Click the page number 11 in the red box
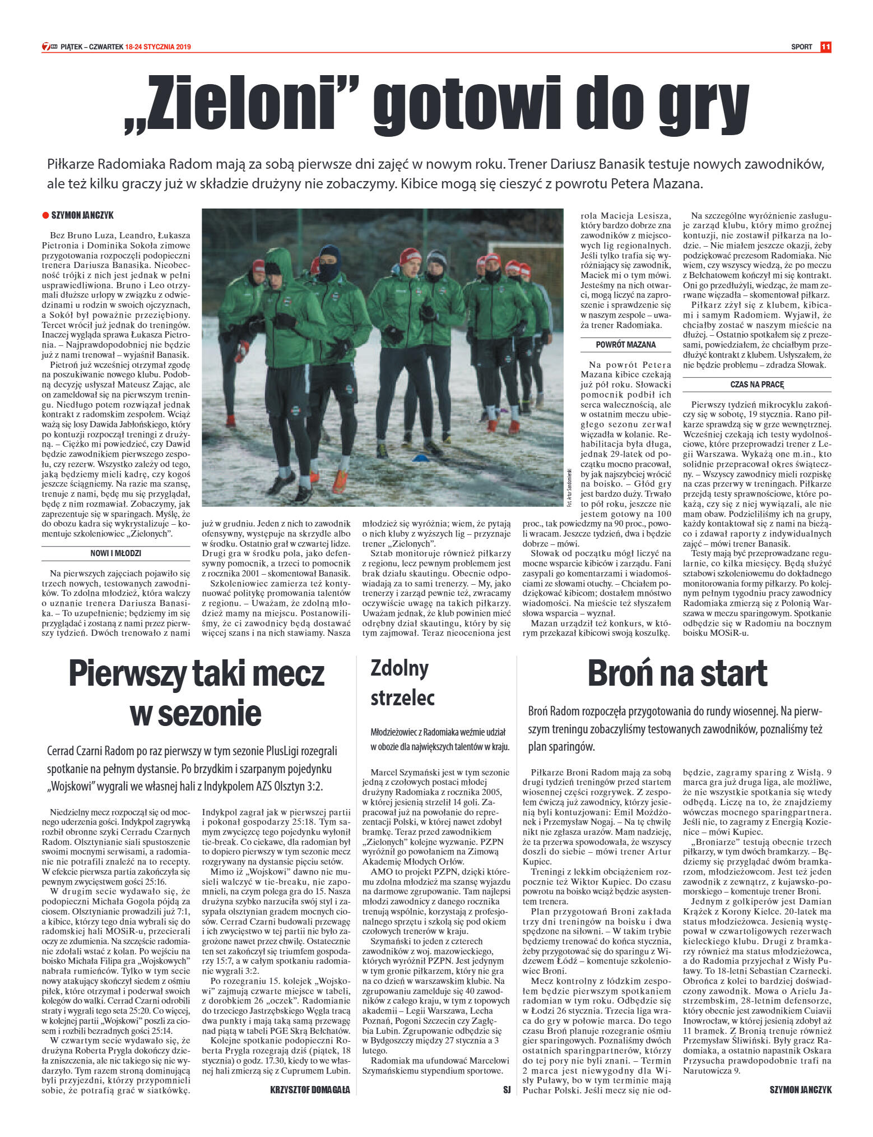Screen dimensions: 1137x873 coord(825,47)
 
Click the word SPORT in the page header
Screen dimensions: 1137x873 coord(801,47)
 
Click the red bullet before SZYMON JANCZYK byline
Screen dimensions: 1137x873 coord(45,215)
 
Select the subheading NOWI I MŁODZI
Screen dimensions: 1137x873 coord(115,553)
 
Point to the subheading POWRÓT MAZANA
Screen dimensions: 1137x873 coord(625,345)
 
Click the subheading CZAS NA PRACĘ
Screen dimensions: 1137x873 coord(757,385)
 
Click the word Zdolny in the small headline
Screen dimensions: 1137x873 coord(400,668)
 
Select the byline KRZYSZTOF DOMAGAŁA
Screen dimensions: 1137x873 coord(310,1090)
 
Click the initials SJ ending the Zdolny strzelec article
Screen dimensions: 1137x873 coord(507,1090)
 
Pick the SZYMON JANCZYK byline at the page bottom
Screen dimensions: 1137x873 coord(801,1090)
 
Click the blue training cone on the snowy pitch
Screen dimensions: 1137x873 coord(420,459)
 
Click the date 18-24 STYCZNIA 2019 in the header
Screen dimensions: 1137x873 coord(158,47)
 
